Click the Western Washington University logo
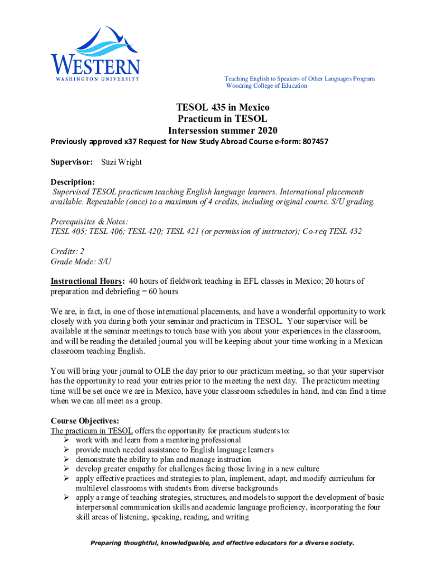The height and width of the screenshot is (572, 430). click(x=95, y=55)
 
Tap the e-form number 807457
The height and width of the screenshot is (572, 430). click(x=313, y=142)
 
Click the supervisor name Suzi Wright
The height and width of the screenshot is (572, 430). click(x=121, y=162)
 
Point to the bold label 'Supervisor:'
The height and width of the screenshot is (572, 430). click(x=72, y=162)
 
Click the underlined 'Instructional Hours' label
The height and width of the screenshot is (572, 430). click(x=87, y=281)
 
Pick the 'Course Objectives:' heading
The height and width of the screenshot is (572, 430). click(x=85, y=421)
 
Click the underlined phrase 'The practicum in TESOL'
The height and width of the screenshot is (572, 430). click(x=92, y=431)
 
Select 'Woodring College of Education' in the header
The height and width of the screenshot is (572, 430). click(x=266, y=86)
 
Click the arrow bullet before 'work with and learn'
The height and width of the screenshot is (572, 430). click(x=68, y=440)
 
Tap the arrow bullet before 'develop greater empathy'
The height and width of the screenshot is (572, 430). click(x=68, y=469)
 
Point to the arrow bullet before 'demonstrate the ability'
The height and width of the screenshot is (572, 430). click(x=68, y=460)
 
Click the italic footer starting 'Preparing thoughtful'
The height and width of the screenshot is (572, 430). click(x=215, y=543)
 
